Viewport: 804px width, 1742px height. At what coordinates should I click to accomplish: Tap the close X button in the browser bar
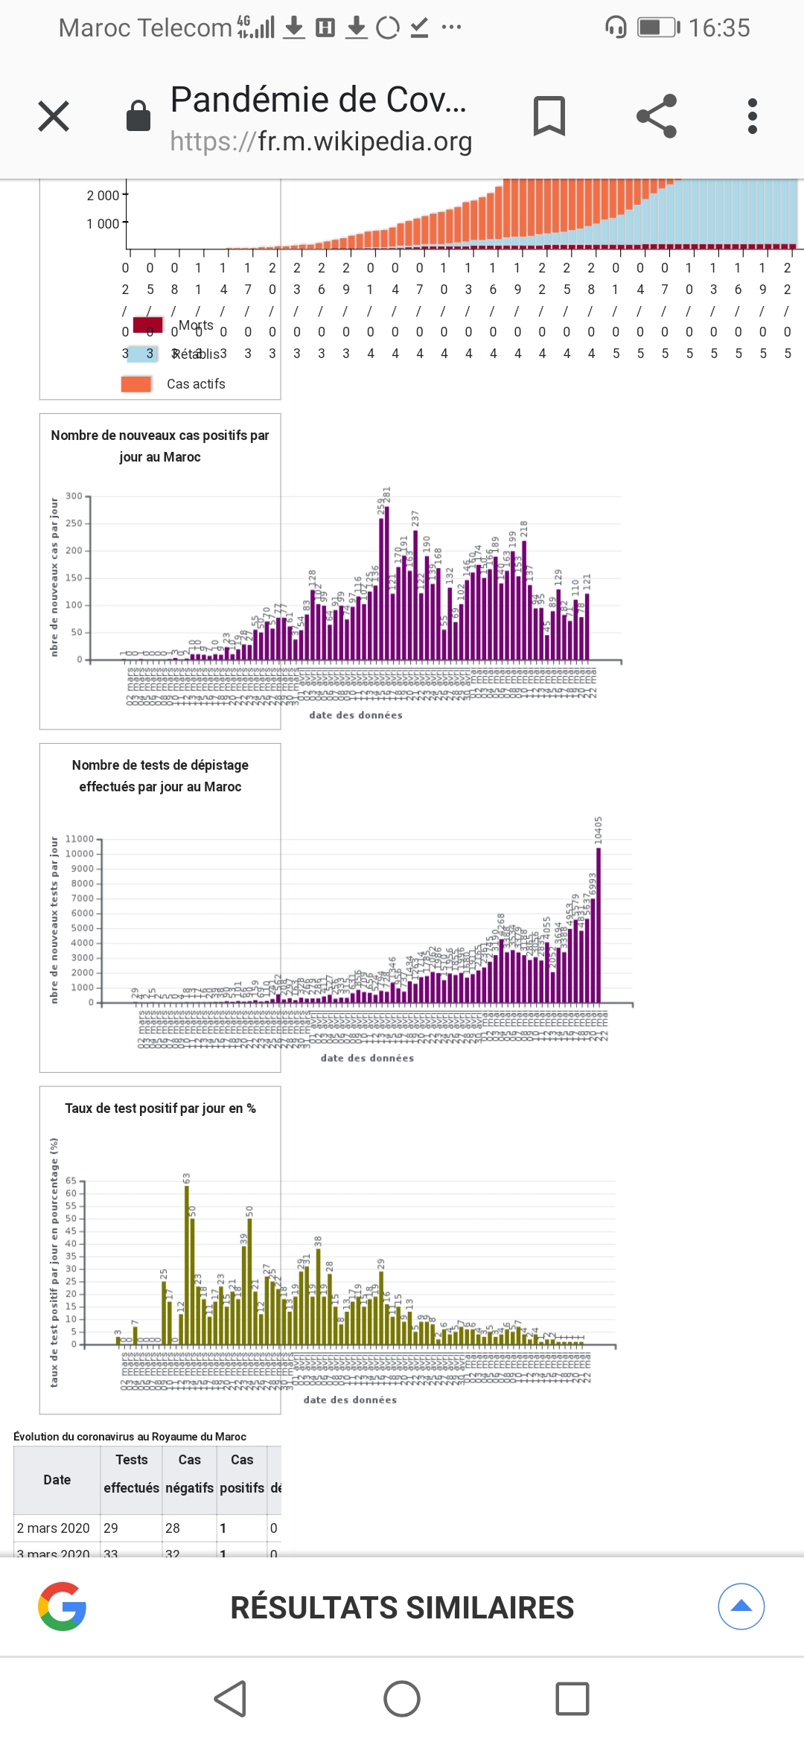tap(54, 116)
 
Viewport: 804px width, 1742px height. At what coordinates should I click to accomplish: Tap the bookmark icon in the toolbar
tap(549, 116)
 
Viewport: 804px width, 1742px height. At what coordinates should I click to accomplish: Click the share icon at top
tap(657, 116)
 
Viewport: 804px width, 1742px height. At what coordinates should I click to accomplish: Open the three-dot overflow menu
tap(753, 116)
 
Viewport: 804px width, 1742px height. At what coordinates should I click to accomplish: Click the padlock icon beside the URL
tap(138, 116)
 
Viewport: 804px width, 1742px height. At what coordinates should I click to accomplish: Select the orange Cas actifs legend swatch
tap(136, 384)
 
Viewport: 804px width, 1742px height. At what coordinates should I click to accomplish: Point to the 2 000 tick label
tap(103, 196)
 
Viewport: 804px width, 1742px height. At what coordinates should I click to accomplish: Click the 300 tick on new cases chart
tap(74, 497)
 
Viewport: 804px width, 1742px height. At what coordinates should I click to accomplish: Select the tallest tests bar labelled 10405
tap(599, 925)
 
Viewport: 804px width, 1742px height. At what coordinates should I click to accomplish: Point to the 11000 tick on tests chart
tap(80, 839)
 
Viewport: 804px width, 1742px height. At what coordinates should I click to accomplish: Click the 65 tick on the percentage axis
tap(71, 1181)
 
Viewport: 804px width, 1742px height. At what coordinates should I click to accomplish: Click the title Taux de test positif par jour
tap(160, 1108)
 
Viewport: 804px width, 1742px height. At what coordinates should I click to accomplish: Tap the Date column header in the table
tap(57, 1480)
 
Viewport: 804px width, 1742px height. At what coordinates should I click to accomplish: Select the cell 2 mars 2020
tap(54, 1528)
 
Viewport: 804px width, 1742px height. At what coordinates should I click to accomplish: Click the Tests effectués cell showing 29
tap(112, 1528)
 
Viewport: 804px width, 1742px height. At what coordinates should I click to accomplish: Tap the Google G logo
tap(63, 1607)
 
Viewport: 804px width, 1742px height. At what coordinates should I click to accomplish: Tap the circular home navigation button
tap(402, 1699)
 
